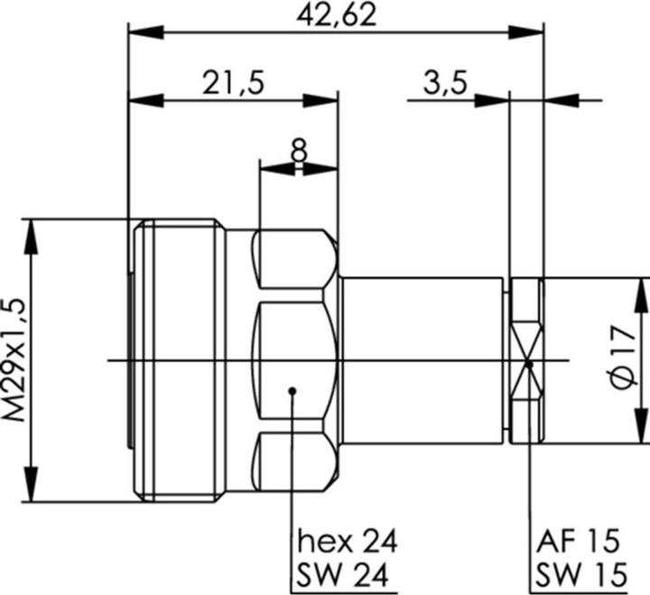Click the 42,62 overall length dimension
pos(336,15)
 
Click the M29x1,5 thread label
pos(15,360)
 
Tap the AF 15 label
pos(579,542)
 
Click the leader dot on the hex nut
pos(292,391)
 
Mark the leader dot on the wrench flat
pos(528,364)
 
